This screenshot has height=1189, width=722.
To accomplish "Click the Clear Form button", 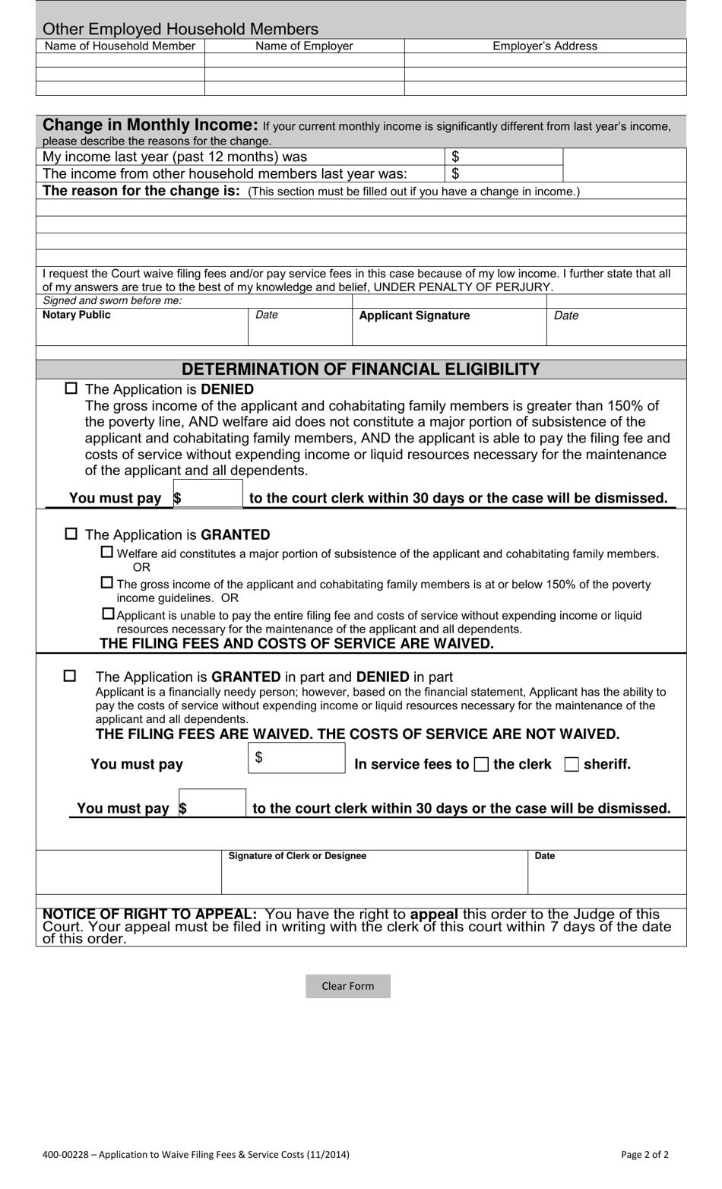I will (x=347, y=986).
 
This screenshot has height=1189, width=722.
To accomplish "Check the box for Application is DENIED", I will (x=71, y=388).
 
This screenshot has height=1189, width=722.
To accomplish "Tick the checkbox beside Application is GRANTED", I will (x=71, y=534).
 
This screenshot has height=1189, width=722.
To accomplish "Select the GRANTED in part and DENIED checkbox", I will (x=70, y=675).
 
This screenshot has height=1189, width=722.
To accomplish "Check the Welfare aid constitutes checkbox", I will (x=107, y=553).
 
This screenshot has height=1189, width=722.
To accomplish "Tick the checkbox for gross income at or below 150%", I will (x=107, y=583).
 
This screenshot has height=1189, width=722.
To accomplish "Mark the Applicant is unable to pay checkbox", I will (x=108, y=614).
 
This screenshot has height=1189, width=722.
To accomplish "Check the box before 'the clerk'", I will (x=481, y=765).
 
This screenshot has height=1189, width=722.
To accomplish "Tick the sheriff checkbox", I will (x=572, y=765).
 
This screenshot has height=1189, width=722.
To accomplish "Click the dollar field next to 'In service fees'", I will (x=296, y=758).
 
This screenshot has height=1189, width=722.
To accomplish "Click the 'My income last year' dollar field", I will (x=503, y=157).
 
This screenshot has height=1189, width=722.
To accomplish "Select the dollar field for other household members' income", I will (x=503, y=173).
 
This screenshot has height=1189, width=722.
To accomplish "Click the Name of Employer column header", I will (x=304, y=46).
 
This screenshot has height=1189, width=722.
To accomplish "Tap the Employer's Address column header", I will (x=545, y=46).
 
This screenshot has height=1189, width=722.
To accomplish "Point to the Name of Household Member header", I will (x=120, y=46).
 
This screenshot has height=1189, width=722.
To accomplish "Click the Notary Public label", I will (x=77, y=315).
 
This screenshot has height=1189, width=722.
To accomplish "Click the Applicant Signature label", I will (x=414, y=315).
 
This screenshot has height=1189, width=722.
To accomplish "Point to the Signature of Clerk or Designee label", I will (x=297, y=856).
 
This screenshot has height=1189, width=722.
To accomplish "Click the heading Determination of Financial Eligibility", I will (x=361, y=369).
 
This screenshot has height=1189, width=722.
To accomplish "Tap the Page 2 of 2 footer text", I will (x=644, y=1154).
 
